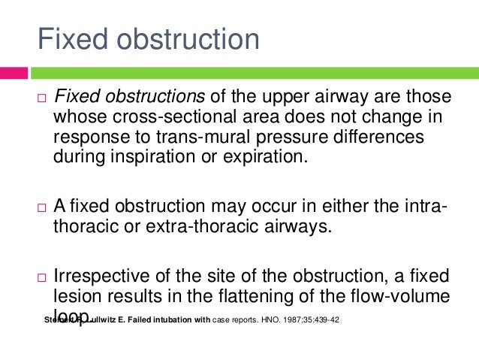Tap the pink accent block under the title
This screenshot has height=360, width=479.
click(14, 73)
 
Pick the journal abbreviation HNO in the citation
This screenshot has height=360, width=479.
click(263, 320)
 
